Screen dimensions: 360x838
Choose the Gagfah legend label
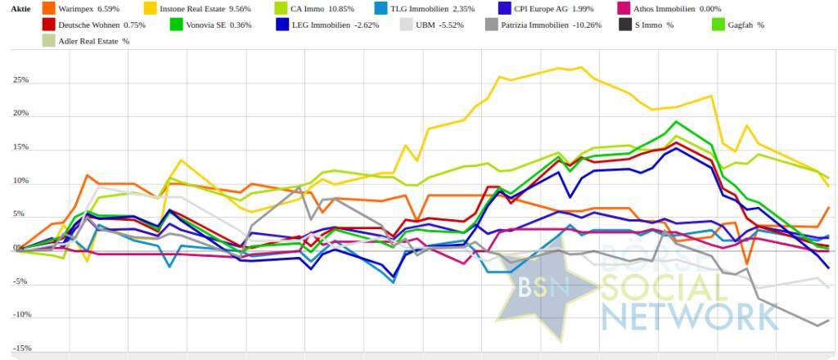pyautogui.click(x=742, y=25)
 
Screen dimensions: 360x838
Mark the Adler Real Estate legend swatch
pyautogui.click(x=49, y=41)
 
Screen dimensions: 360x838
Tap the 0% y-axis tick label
pyautogui.click(x=25, y=248)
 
